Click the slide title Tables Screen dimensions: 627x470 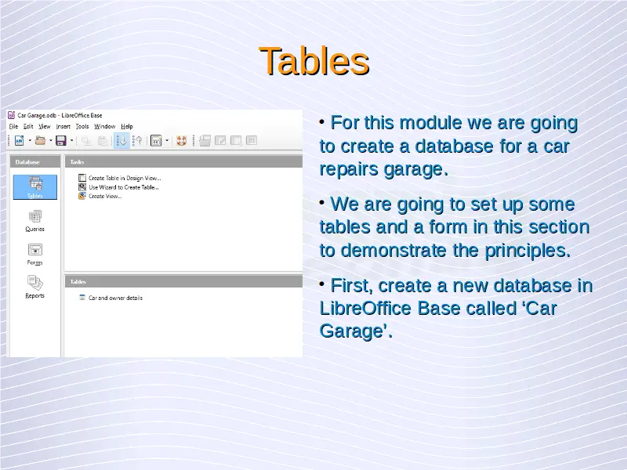pos(314,61)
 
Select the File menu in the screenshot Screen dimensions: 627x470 pos(13,126)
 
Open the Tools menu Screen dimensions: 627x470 pos(82,126)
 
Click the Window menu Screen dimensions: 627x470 pos(105,126)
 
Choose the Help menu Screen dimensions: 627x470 pos(127,126)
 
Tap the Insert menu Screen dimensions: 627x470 pos(63,126)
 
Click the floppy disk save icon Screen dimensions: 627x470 pos(61,140)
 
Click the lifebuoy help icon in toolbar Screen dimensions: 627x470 pos(182,141)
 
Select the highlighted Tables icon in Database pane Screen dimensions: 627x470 pos(35,187)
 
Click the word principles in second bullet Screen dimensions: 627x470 pos(527,251)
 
